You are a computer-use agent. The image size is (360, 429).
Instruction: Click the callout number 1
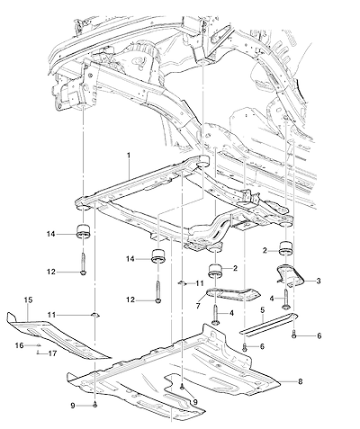point(129,156)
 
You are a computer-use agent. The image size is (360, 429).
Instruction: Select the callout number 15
point(29,299)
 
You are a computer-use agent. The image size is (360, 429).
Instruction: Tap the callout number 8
point(300,381)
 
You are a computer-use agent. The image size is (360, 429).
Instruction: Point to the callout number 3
point(319,281)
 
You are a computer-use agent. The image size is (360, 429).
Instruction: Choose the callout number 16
point(19,345)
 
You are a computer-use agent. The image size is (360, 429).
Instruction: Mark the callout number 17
point(52,353)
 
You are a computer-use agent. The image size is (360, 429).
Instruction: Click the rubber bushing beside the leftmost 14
point(84,231)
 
